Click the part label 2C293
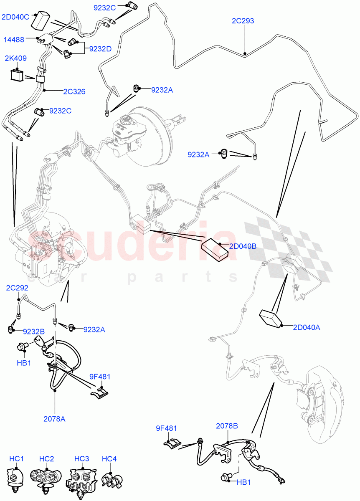point(243,21)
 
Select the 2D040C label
point(15,17)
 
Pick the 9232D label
point(100,49)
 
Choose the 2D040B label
point(242,246)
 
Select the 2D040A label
point(307,328)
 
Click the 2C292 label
point(17,288)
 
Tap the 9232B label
point(34,331)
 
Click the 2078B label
point(227,426)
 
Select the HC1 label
point(17,459)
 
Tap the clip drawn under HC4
point(111,480)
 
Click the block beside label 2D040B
point(215,248)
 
